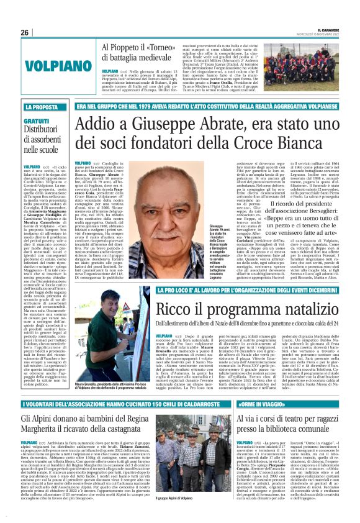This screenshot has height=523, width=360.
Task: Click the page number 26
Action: [25, 32]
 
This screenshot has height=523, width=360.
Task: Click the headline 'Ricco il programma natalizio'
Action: [211, 310]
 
